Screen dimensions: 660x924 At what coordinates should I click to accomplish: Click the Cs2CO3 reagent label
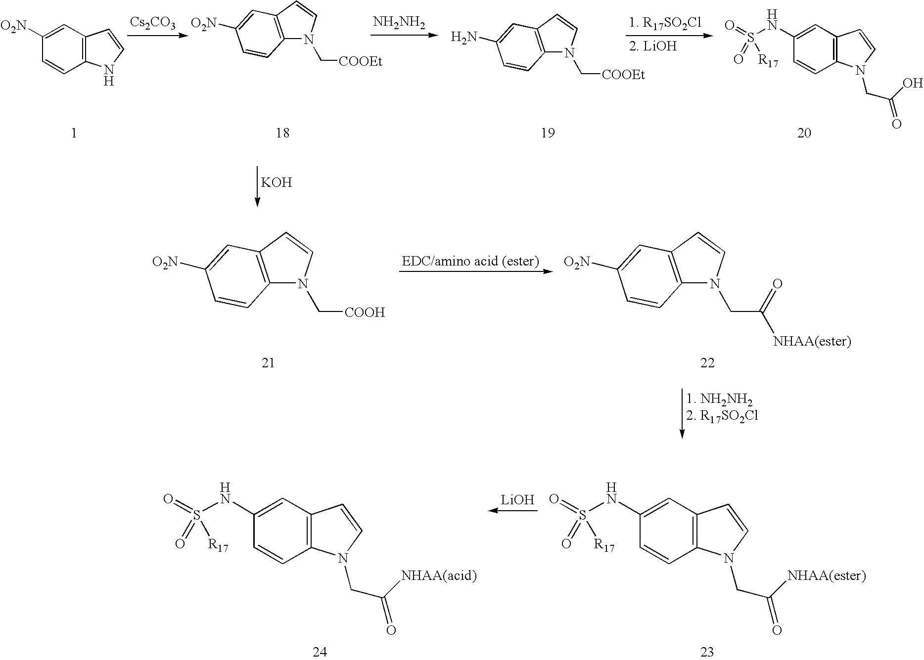(152, 23)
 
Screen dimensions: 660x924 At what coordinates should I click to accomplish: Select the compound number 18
(282, 133)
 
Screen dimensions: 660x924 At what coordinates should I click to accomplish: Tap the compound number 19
(548, 133)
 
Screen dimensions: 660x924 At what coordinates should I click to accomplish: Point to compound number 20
(804, 133)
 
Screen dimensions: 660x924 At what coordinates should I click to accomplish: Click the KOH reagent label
(277, 183)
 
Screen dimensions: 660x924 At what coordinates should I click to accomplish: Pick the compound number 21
(268, 362)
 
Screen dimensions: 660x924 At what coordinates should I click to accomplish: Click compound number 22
(707, 362)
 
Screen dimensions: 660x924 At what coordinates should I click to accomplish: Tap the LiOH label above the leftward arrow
(517, 500)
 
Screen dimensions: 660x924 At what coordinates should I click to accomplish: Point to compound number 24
(320, 652)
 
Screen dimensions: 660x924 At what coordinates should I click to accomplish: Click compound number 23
(707, 652)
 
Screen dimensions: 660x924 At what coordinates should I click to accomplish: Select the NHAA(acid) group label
(439, 575)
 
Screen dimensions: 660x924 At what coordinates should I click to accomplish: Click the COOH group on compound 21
(365, 312)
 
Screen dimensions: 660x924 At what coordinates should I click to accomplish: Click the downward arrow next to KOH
(257, 186)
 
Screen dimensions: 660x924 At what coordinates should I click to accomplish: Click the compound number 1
(74, 133)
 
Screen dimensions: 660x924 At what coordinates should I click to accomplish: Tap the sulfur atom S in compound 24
(197, 516)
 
